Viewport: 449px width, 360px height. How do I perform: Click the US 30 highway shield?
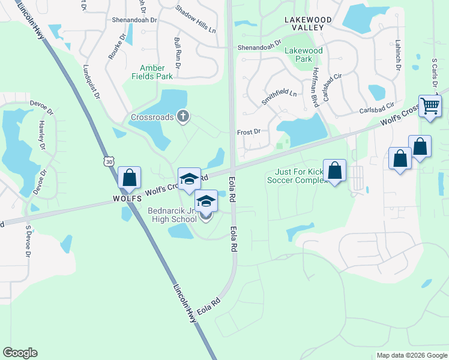click(x=108, y=161)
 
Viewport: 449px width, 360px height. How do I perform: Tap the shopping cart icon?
click(x=430, y=106)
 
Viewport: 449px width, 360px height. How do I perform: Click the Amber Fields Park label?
click(x=157, y=72)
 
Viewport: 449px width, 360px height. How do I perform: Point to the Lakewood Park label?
click(x=303, y=55)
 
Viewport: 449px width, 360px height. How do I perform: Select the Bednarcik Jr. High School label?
click(x=172, y=215)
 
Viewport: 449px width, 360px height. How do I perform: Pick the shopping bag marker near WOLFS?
click(x=129, y=178)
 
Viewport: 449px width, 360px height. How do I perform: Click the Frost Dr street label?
click(x=249, y=131)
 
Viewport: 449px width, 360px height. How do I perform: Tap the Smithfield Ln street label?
click(x=279, y=97)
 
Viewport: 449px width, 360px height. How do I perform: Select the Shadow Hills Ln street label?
click(x=196, y=19)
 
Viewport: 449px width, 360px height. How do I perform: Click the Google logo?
click(x=20, y=353)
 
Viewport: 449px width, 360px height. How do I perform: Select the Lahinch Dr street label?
click(x=397, y=55)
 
